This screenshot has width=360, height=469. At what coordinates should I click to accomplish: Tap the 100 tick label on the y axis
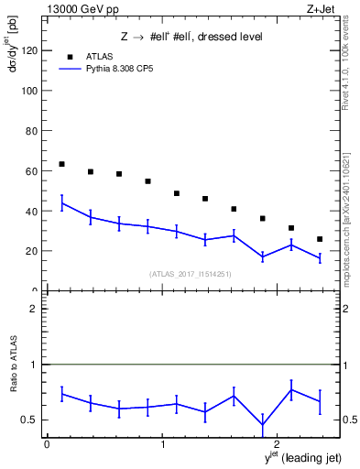(x=29, y=92)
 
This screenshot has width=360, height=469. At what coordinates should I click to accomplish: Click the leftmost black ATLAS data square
(x=61, y=164)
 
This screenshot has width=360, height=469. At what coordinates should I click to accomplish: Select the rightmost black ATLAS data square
(x=320, y=239)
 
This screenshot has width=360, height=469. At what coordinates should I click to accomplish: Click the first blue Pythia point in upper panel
(x=61, y=203)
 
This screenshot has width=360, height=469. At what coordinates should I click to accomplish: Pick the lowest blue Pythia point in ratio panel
(x=263, y=425)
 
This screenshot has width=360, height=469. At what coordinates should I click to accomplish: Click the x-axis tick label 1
(x=163, y=444)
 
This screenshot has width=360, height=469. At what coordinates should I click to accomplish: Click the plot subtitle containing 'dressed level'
(x=191, y=38)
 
